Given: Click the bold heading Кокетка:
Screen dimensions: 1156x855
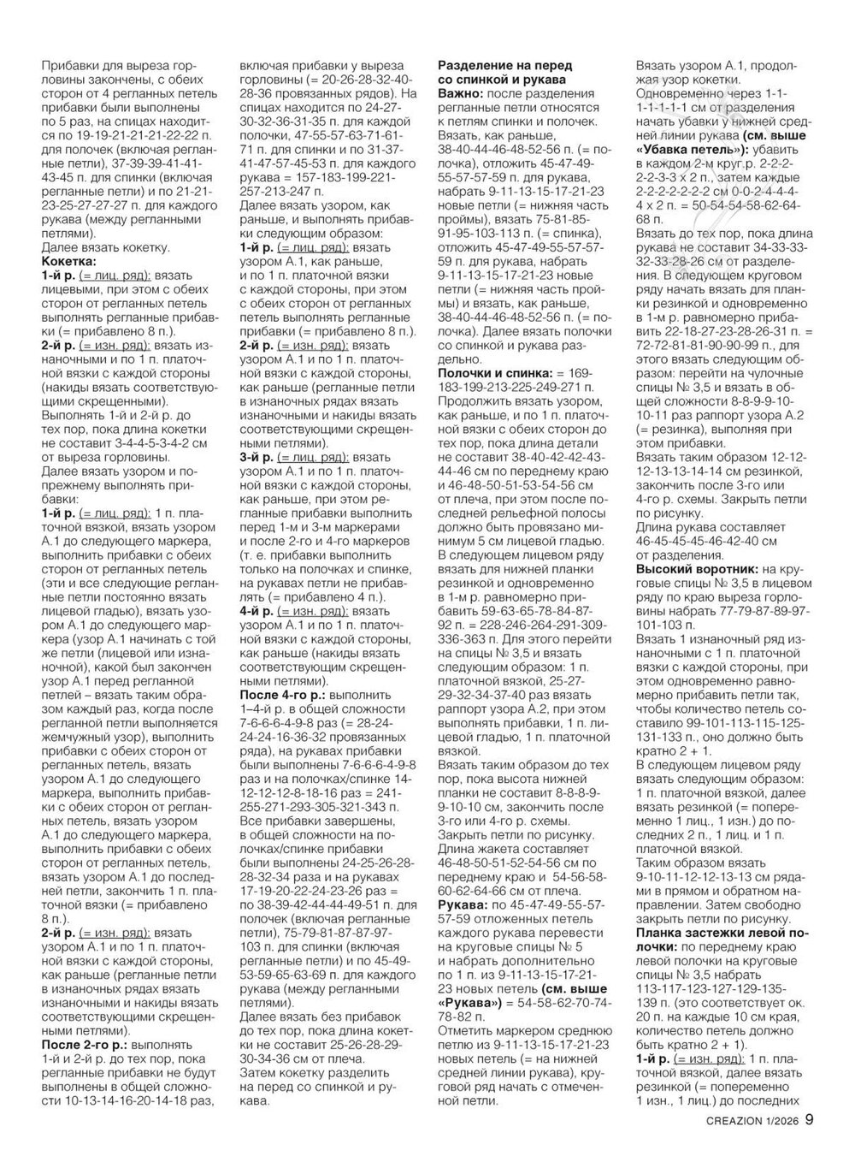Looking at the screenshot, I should point(68,261).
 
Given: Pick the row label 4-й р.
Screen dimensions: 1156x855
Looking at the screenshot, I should point(256,613).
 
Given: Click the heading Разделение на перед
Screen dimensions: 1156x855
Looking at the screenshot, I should point(504,66).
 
